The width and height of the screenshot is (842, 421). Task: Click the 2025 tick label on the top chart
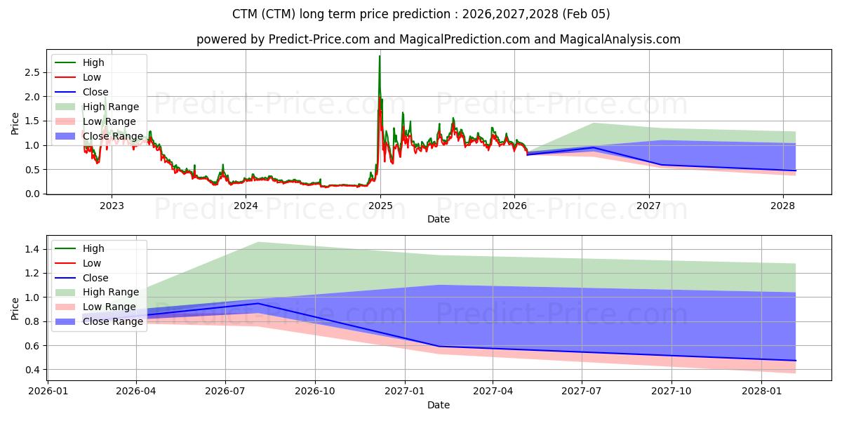pos(380,206)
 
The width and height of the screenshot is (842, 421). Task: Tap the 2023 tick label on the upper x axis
pos(112,206)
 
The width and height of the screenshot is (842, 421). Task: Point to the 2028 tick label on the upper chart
pos(783,206)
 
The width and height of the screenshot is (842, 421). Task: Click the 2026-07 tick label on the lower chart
pos(225,392)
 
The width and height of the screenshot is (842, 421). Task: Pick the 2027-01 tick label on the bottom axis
pos(404,392)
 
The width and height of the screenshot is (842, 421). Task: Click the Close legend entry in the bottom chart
pos(95,278)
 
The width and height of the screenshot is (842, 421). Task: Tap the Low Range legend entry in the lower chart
pos(109,307)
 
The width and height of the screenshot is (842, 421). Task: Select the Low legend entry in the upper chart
pos(92,77)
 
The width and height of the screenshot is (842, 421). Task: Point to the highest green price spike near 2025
pos(380,56)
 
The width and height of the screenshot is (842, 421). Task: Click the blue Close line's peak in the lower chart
pos(259,303)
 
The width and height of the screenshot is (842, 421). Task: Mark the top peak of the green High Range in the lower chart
pos(259,242)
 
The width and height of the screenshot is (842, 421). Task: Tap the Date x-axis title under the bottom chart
pos(439,405)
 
